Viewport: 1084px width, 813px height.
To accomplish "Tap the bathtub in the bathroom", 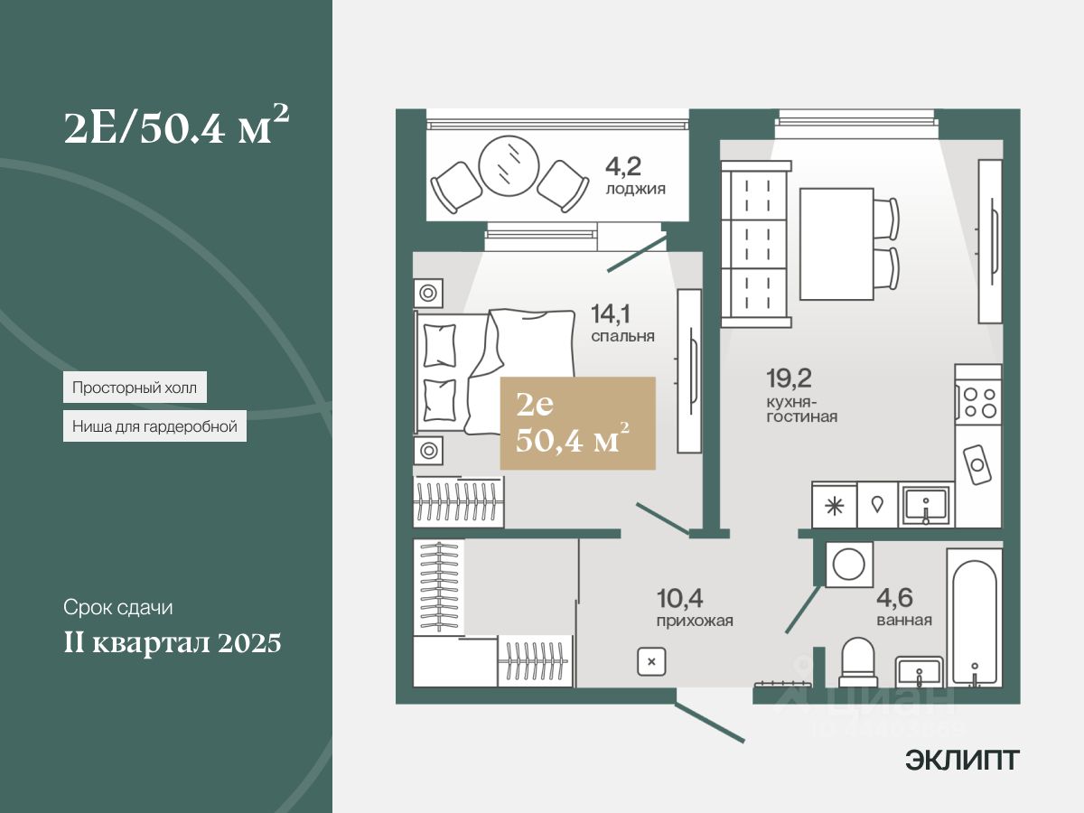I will pos(974,616).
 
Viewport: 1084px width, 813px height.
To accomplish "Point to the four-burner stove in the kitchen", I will pos(978,402).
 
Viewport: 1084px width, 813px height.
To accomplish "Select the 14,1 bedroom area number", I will pos(610,314).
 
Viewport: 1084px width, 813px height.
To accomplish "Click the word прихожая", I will pos(695,621).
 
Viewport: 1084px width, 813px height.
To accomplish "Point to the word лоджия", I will pos(636,189).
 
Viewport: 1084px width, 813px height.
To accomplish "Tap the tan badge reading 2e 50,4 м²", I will pos(577,424).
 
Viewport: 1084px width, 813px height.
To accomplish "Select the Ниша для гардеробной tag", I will pos(154,426).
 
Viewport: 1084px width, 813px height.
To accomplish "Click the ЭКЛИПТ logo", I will pos(962,761).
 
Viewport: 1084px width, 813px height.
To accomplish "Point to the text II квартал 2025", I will pos(173,644).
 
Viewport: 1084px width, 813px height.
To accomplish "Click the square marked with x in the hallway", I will pos(650,661).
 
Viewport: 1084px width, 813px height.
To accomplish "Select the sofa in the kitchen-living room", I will pos(757,244).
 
